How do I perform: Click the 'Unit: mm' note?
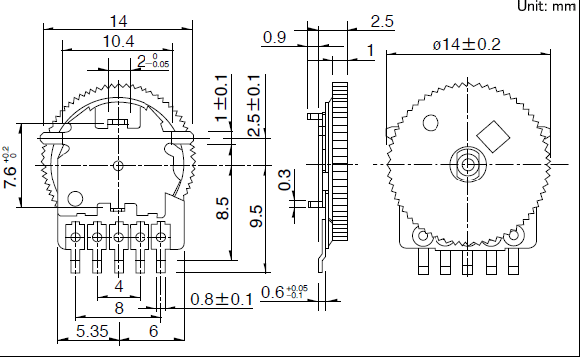coord(547,6)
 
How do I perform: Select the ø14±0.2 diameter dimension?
coord(466,45)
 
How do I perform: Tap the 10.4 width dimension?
coord(118,41)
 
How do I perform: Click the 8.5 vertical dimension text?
coord(222,208)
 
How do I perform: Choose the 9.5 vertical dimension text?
coord(256,216)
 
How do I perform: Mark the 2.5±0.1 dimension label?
coord(254,105)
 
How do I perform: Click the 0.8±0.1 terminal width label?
coord(221,299)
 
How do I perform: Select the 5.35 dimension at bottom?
coord(92,331)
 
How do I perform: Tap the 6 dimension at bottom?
coord(154,331)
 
